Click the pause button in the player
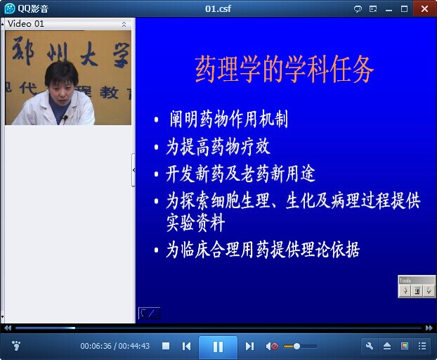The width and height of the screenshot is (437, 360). click(x=218, y=347)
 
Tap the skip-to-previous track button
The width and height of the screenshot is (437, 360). click(x=186, y=347)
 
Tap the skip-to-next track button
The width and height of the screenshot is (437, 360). click(x=249, y=347)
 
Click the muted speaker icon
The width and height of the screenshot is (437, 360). click(x=272, y=347)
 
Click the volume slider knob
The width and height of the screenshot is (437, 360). click(x=296, y=347)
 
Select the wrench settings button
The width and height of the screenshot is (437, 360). click(x=370, y=346)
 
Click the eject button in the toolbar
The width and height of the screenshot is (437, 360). click(x=387, y=346)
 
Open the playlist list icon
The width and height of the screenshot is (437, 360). click(x=422, y=346)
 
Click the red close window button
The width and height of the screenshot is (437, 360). click(x=424, y=8)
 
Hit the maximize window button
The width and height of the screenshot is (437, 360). click(x=404, y=9)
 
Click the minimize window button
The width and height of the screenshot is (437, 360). click(x=389, y=10)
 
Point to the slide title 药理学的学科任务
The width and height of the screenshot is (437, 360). click(x=284, y=69)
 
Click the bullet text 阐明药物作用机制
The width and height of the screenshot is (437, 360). click(x=229, y=119)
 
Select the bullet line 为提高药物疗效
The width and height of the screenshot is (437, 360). click(x=218, y=147)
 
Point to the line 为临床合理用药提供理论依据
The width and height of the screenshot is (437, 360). click(x=263, y=250)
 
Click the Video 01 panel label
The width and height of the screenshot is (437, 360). click(x=25, y=24)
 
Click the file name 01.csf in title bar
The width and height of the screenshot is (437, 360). click(x=218, y=8)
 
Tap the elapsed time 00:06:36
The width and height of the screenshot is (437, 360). click(x=96, y=346)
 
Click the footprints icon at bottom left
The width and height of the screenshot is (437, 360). click(x=16, y=345)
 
